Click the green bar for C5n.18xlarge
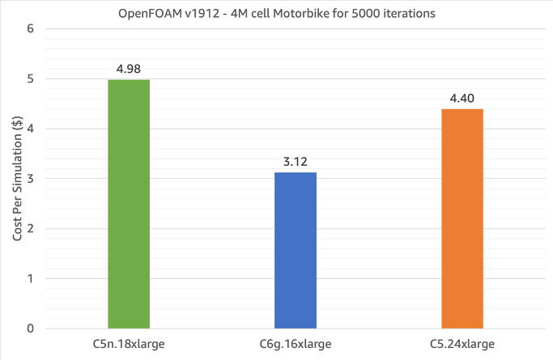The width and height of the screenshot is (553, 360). pyautogui.click(x=129, y=204)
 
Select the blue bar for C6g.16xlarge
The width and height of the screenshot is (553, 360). pyautogui.click(x=296, y=250)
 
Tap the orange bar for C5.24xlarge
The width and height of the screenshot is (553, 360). pyautogui.click(x=462, y=218)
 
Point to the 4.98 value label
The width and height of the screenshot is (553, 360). pyautogui.click(x=129, y=68)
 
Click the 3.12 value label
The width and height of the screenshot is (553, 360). pyautogui.click(x=296, y=161)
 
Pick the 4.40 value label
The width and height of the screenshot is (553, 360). pyautogui.click(x=462, y=98)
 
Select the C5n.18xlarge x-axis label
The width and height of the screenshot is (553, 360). pyautogui.click(x=129, y=344)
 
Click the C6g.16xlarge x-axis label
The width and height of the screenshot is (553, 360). pyautogui.click(x=296, y=344)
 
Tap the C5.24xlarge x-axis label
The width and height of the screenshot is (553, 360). pyautogui.click(x=462, y=344)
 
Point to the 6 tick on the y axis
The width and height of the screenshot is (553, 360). pyautogui.click(x=31, y=29)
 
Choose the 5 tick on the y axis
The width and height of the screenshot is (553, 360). pyautogui.click(x=31, y=79)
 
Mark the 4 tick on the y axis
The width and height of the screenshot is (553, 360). pyautogui.click(x=31, y=129)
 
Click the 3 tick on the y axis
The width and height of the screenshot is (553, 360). pyautogui.click(x=31, y=179)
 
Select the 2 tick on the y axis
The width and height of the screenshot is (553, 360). pyautogui.click(x=31, y=229)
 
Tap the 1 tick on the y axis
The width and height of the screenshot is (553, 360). pyautogui.click(x=31, y=278)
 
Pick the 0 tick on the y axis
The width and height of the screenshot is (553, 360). pyautogui.click(x=31, y=328)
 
